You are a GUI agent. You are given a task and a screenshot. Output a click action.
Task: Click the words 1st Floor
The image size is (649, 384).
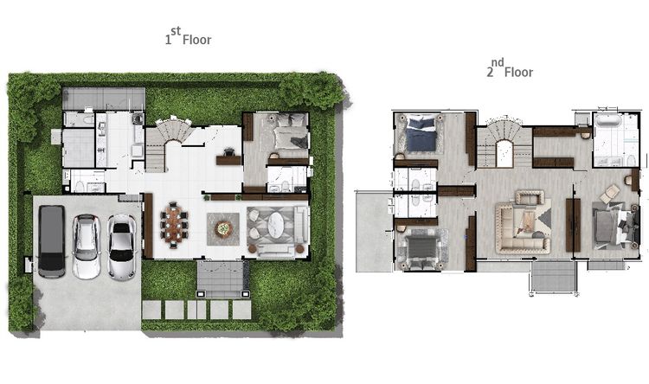click(x=189, y=36)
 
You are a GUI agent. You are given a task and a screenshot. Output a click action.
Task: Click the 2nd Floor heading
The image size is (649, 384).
click(x=510, y=68)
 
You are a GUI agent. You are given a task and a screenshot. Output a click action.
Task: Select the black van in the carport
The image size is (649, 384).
click(x=52, y=241)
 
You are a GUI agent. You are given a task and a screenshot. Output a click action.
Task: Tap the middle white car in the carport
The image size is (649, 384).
click(x=86, y=246)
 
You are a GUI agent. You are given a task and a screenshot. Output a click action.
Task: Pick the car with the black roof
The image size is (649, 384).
click(x=121, y=246)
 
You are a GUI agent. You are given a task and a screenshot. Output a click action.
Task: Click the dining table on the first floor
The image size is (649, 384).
click(x=174, y=225)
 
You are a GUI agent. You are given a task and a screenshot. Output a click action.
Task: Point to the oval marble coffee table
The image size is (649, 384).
click(x=275, y=226)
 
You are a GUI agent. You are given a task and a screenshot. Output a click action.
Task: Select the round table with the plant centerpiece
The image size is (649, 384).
click(x=223, y=229)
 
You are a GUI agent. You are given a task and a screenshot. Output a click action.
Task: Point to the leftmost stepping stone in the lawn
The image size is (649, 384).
click(x=151, y=310)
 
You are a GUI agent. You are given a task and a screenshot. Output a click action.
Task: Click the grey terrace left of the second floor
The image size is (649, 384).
click(x=374, y=231)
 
